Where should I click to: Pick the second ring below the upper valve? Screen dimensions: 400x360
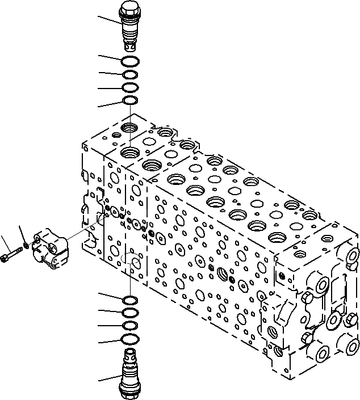[129, 74]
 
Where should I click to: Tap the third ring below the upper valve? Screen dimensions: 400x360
[129, 88]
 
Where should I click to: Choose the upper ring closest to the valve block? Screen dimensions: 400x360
[130, 101]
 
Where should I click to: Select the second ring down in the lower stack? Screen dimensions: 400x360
[130, 313]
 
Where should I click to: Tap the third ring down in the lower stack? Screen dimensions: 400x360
[130, 326]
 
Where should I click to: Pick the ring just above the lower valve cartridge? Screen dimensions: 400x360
[130, 339]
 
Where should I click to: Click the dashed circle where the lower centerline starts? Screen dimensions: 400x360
[132, 261]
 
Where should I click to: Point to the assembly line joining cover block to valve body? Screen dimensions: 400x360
[79, 234]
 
